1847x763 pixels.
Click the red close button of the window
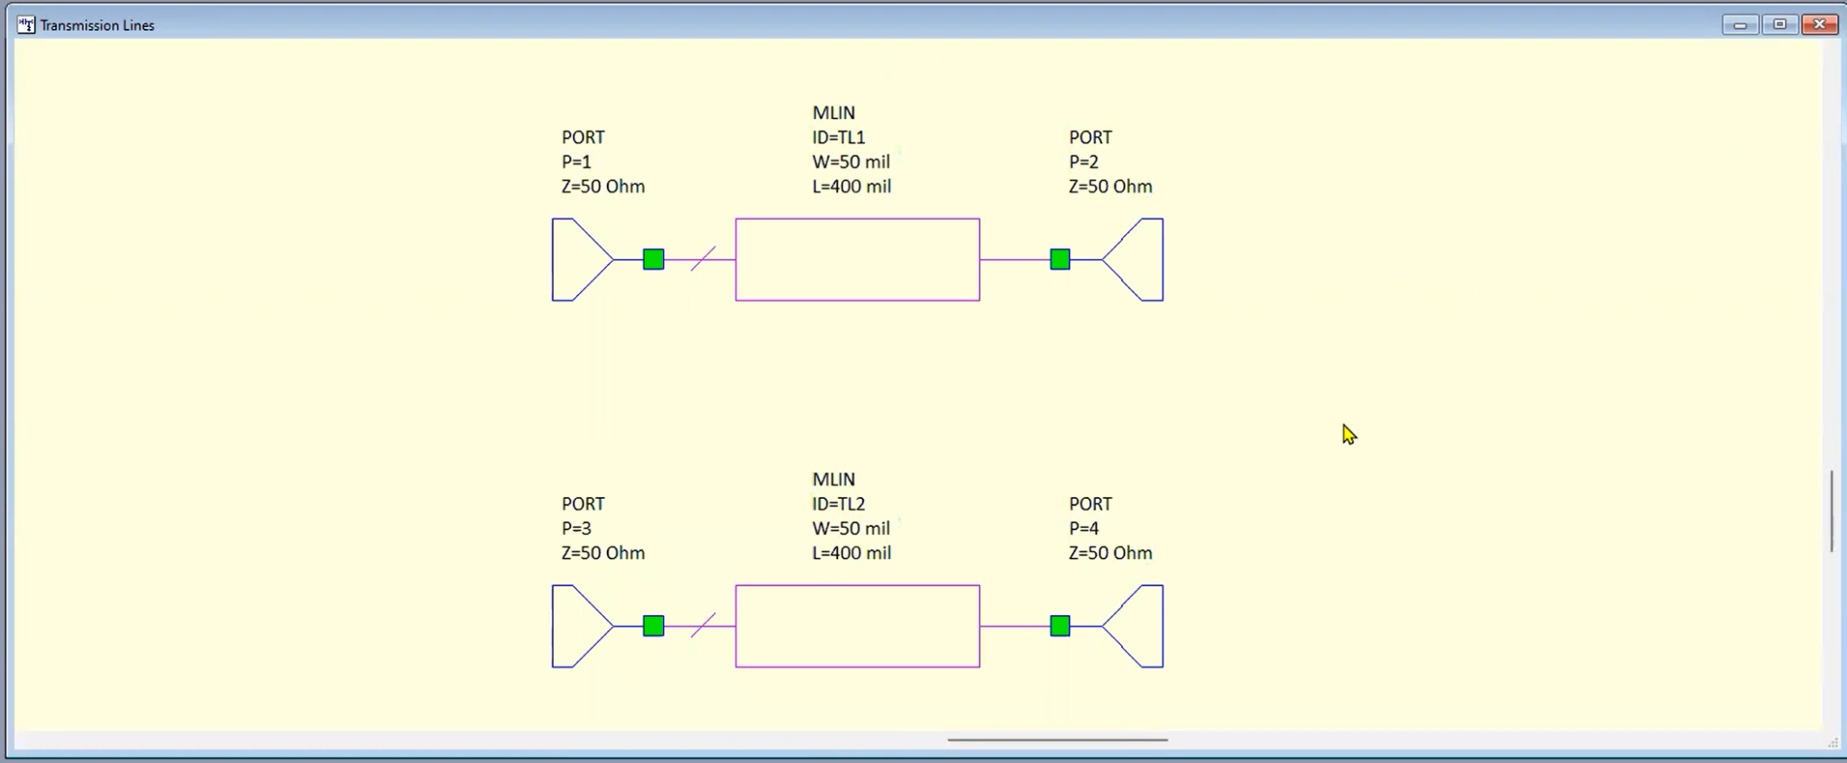pos(1819,24)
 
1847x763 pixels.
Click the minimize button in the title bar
pos(1740,24)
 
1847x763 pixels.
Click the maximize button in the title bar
pos(1779,24)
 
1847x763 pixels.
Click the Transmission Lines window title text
pos(96,25)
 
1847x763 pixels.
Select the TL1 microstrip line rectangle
pos(857,260)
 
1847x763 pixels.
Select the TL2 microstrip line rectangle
pos(857,626)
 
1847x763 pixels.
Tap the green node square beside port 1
pos(654,260)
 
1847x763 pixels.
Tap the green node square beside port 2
pos(1061,260)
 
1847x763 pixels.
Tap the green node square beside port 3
pos(654,626)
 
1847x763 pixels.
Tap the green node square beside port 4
pos(1061,626)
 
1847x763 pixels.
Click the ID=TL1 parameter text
pos(838,137)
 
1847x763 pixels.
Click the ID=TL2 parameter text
pos(838,503)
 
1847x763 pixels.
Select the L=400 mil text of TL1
pos(851,187)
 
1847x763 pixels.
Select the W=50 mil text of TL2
pos(850,529)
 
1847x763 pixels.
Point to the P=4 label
pos(1083,529)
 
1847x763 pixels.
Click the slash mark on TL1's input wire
pos(703,259)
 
